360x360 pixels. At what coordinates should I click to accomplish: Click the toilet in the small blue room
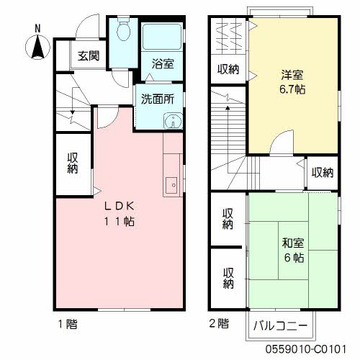(x=122, y=31)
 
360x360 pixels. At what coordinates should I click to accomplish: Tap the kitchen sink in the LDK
(x=171, y=185)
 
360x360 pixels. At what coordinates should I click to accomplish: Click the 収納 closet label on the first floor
(x=73, y=163)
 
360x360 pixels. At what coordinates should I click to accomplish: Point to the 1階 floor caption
(x=67, y=324)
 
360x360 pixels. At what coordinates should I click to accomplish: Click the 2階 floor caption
(x=218, y=324)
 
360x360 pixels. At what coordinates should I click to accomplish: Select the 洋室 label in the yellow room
(x=290, y=74)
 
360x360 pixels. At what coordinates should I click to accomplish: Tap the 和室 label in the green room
(x=292, y=243)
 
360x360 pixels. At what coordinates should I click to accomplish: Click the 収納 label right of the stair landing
(x=323, y=173)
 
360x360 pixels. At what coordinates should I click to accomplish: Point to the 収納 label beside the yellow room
(x=228, y=70)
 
